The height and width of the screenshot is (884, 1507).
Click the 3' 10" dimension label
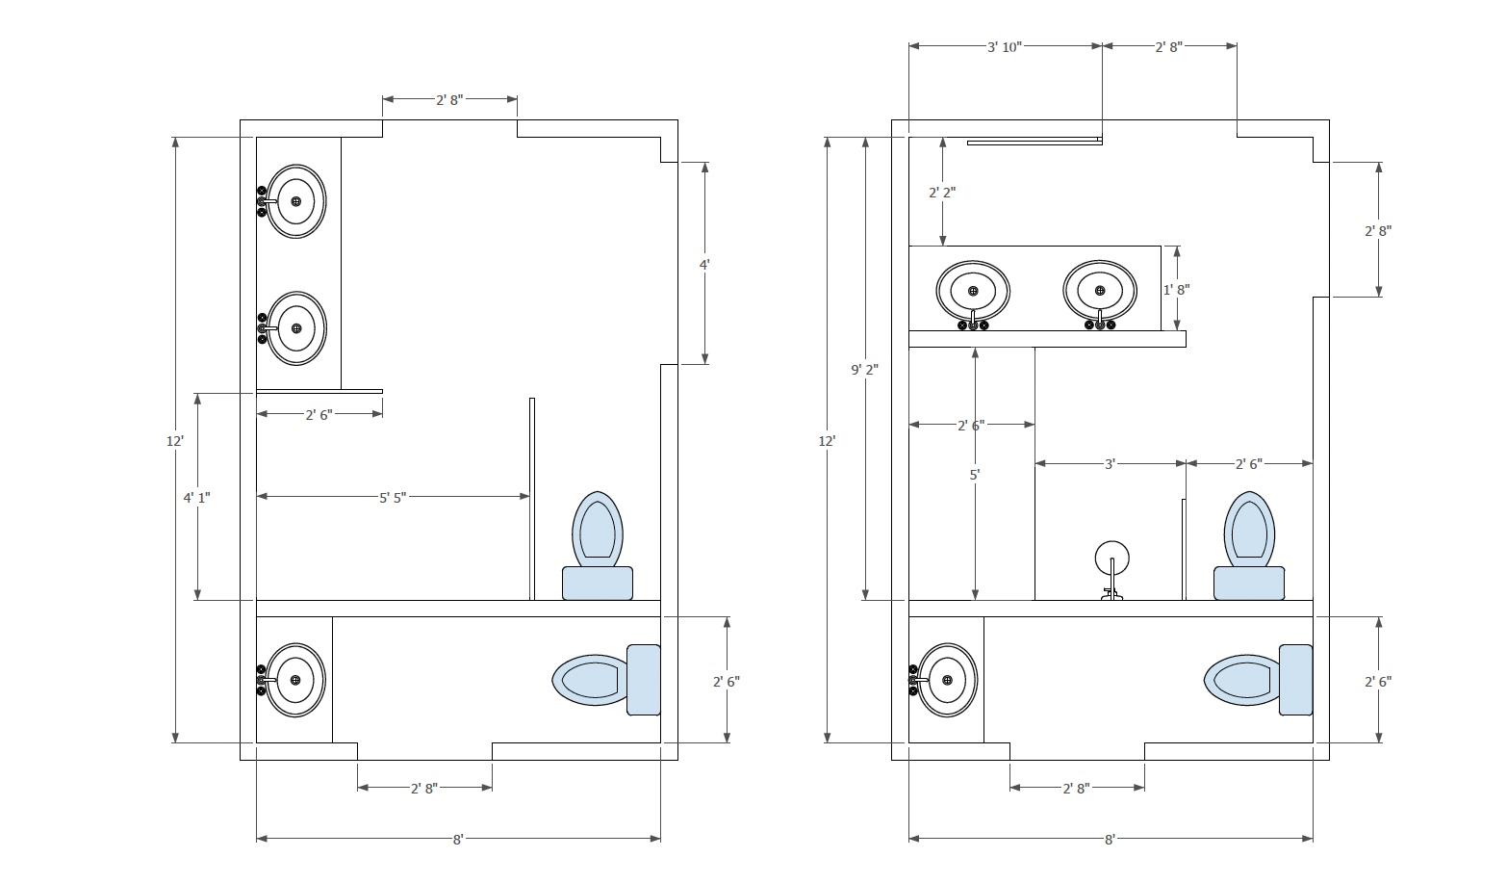click(1005, 46)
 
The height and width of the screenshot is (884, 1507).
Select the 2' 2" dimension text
click(942, 193)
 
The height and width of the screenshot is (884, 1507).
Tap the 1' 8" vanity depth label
click(1177, 290)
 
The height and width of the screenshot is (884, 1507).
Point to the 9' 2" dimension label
click(864, 370)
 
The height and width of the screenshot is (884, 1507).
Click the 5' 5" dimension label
click(393, 498)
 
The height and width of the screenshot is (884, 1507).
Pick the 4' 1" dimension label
click(197, 498)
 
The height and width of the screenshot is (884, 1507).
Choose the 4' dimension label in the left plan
click(704, 265)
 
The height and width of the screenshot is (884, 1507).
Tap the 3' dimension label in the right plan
click(1111, 464)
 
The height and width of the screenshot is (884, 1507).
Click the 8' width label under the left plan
click(458, 839)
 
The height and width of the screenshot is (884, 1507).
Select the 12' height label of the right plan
click(827, 441)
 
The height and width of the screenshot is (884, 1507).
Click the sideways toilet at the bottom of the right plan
click(1258, 680)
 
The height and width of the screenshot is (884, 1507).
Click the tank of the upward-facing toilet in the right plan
click(1249, 583)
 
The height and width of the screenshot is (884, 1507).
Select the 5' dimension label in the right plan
click(975, 475)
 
